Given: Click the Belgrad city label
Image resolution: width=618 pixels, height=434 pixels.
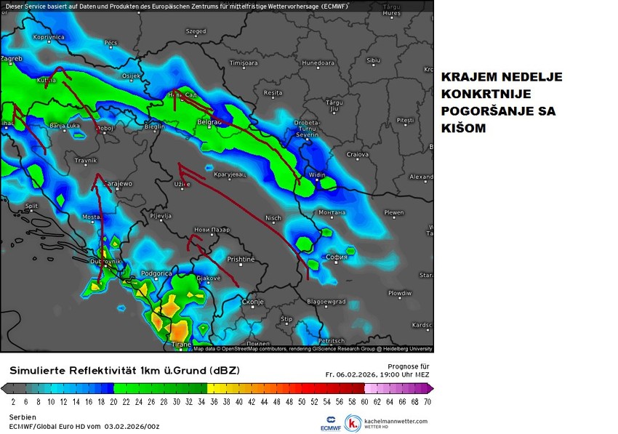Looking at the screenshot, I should click(x=209, y=123).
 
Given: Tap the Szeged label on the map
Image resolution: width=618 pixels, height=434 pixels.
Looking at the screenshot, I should click(x=196, y=31).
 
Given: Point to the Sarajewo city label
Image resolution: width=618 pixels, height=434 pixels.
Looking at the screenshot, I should click(x=116, y=184).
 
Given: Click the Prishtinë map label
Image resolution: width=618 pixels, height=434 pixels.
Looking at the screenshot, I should click(x=241, y=259).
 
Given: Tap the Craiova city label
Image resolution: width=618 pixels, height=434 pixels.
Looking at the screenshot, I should click(x=357, y=154).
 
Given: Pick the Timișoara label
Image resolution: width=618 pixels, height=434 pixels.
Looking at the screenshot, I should click(x=244, y=63).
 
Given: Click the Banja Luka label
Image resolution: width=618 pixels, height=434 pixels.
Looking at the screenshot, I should click(x=65, y=126).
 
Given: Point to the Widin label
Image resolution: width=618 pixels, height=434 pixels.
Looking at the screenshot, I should click(x=317, y=175).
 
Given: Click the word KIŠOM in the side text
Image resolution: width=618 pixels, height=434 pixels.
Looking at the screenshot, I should click(x=463, y=128).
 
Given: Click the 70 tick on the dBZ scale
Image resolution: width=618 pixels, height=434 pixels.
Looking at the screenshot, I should click(x=427, y=401).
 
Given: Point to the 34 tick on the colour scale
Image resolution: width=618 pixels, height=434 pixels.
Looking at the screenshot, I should click(x=201, y=401).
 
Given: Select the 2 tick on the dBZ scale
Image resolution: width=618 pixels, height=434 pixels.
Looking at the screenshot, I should click(x=13, y=401).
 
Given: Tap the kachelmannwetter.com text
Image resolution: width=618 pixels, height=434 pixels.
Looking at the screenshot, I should click(x=396, y=421).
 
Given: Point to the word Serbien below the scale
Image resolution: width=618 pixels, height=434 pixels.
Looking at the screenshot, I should click(x=23, y=417).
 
